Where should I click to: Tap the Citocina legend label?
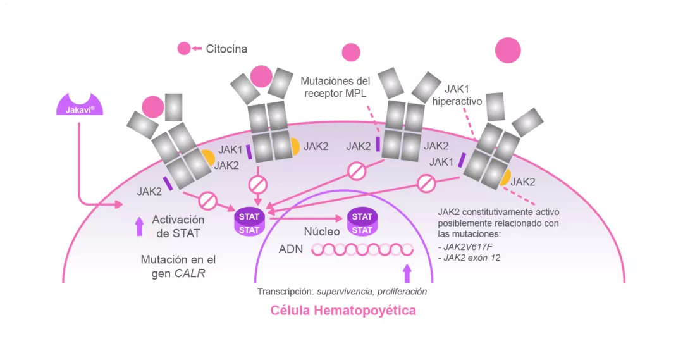tap(226, 49)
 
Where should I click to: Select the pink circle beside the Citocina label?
tap(184, 48)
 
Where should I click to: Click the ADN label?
tap(291, 249)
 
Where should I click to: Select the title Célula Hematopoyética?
tap(343, 311)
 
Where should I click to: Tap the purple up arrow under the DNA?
tap(407, 273)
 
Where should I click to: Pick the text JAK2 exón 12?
tap(470, 258)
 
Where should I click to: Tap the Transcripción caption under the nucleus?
tap(341, 292)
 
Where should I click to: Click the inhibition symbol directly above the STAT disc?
tap(258, 185)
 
